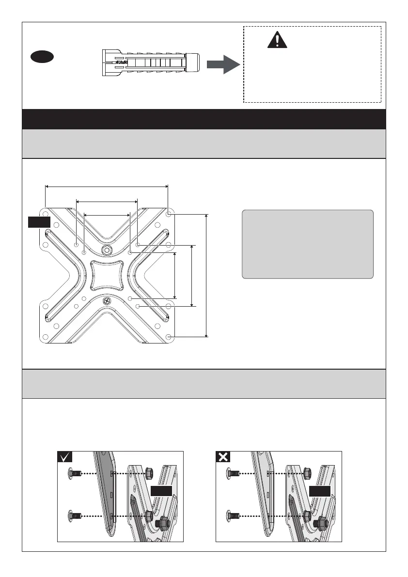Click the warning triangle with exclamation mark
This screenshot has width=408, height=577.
(x=277, y=39)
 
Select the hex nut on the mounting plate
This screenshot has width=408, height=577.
(x=106, y=250)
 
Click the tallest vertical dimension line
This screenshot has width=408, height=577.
(x=207, y=275)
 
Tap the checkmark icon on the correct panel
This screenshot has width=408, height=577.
(x=65, y=457)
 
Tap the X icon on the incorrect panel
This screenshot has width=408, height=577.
(x=223, y=457)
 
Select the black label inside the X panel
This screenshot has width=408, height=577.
(x=320, y=491)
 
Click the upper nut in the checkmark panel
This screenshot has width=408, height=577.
(x=150, y=472)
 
